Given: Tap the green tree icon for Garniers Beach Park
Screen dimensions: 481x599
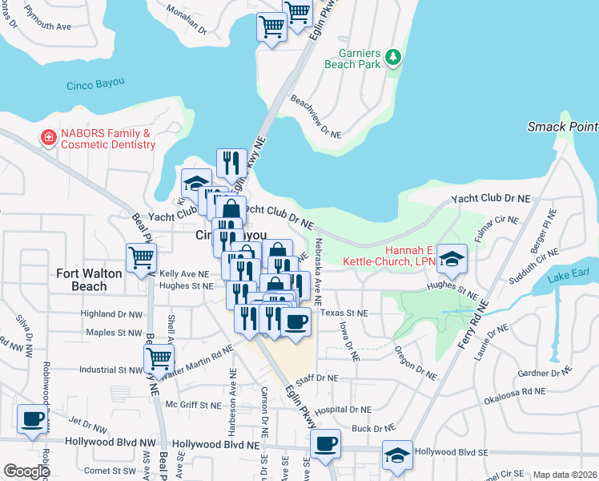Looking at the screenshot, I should pyautogui.click(x=392, y=57).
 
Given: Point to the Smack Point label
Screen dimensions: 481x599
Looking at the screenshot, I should pyautogui.click(x=562, y=127).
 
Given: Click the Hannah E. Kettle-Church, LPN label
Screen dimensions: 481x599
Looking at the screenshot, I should pyautogui.click(x=389, y=255).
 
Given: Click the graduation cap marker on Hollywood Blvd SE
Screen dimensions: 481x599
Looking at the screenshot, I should pyautogui.click(x=396, y=455).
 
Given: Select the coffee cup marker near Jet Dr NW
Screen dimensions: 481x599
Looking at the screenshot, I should pyautogui.click(x=32, y=419).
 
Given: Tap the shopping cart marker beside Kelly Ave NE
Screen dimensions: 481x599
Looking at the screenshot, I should pyautogui.click(x=141, y=258).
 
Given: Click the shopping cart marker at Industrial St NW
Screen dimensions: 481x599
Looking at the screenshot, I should pyautogui.click(x=159, y=358).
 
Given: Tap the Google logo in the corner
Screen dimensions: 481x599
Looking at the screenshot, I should pyautogui.click(x=27, y=471).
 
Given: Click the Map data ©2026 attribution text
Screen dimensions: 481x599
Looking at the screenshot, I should pyautogui.click(x=565, y=475).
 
